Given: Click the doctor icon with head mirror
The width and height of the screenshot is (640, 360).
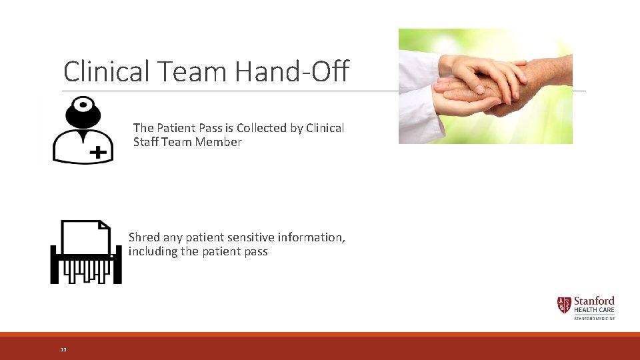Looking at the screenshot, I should click(x=83, y=130).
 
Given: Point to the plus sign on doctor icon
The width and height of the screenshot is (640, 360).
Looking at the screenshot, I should click(x=98, y=153).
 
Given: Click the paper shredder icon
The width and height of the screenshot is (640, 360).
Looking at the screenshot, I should click(x=86, y=251).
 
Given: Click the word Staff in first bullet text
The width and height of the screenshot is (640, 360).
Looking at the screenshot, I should click(x=147, y=142).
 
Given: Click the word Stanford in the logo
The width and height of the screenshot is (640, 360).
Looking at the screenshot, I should click(x=594, y=301).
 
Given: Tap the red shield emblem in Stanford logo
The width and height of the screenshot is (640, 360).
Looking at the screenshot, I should click(x=564, y=305).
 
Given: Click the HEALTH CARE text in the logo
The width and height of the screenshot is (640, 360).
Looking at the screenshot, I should click(x=594, y=310).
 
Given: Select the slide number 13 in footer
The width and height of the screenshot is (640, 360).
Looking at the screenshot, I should click(x=63, y=349).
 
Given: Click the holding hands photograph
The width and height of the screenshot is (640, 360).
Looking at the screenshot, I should click(x=485, y=86).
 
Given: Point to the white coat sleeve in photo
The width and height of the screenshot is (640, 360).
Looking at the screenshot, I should click(x=420, y=93).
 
